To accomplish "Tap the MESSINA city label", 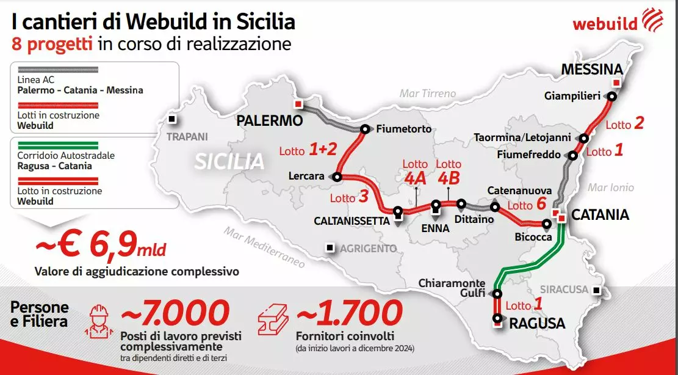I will click(592, 69).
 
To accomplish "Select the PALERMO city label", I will click(270, 120).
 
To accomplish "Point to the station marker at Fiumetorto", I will click(365, 129).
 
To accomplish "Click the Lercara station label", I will click(307, 176).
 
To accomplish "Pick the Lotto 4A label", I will click(415, 172).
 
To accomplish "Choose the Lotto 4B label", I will click(449, 172).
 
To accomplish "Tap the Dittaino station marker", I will click(461, 204).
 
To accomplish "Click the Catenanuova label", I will click(519, 191).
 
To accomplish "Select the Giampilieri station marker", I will click(611, 96).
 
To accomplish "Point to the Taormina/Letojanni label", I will click(522, 138).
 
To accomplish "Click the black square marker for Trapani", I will click(173, 119).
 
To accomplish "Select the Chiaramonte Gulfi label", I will click(452, 288).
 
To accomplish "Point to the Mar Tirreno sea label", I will click(428, 93).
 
